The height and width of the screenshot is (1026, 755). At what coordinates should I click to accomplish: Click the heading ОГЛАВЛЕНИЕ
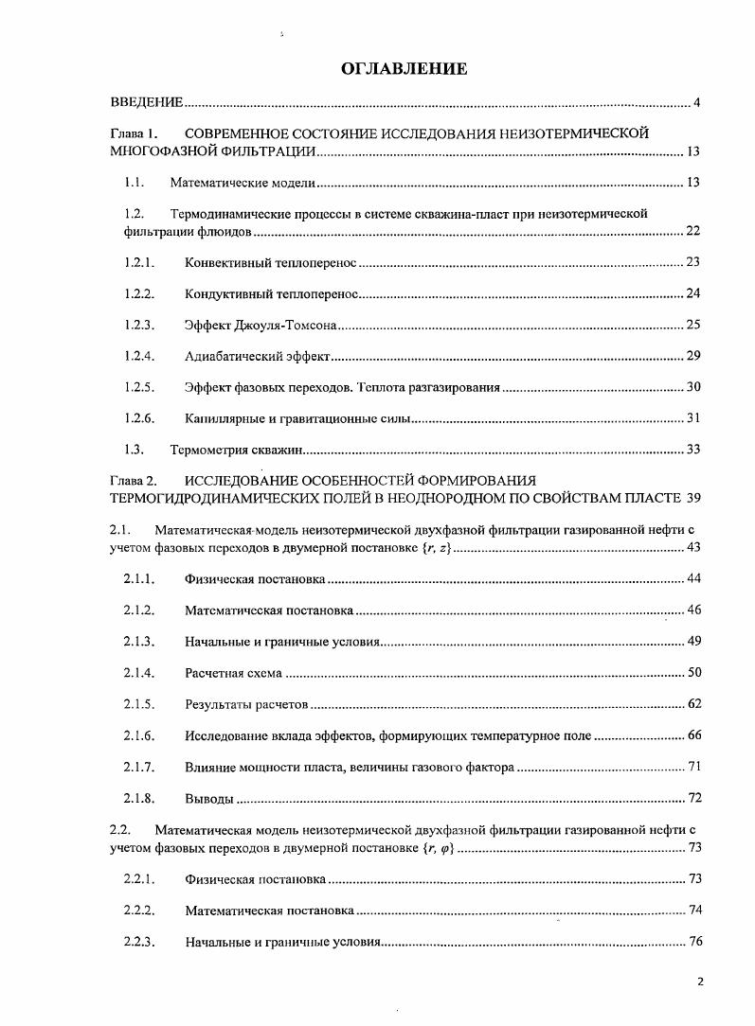click(x=404, y=69)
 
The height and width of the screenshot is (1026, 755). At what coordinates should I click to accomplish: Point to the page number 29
click(x=692, y=356)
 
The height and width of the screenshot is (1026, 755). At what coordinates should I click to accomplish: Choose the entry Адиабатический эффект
click(x=257, y=356)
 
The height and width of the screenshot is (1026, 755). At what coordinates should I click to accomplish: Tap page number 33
click(x=692, y=449)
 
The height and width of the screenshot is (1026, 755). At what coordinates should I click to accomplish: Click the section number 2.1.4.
click(x=138, y=673)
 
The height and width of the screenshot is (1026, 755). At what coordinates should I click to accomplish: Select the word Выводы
click(x=209, y=799)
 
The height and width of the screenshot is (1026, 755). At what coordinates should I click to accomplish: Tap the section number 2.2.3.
click(x=138, y=942)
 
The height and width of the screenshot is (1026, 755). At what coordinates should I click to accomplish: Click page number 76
click(x=693, y=942)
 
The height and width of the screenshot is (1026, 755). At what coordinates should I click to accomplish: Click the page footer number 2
click(x=700, y=982)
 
